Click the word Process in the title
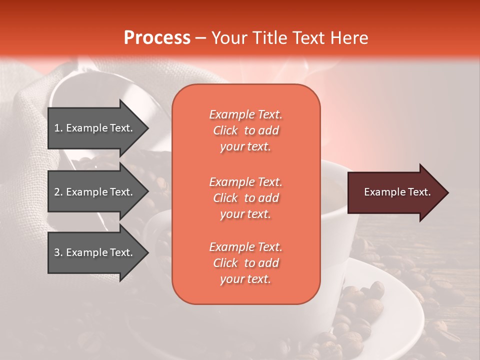[157, 38]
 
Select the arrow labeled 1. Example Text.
[95, 128]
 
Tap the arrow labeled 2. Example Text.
[95, 192]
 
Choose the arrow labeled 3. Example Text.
[95, 252]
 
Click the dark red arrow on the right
[395, 192]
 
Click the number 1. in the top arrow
[58, 128]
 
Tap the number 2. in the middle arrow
[58, 192]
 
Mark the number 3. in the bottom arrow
[58, 252]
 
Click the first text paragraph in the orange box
[245, 130]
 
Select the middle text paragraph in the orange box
[245, 198]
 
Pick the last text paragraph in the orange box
[245, 263]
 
